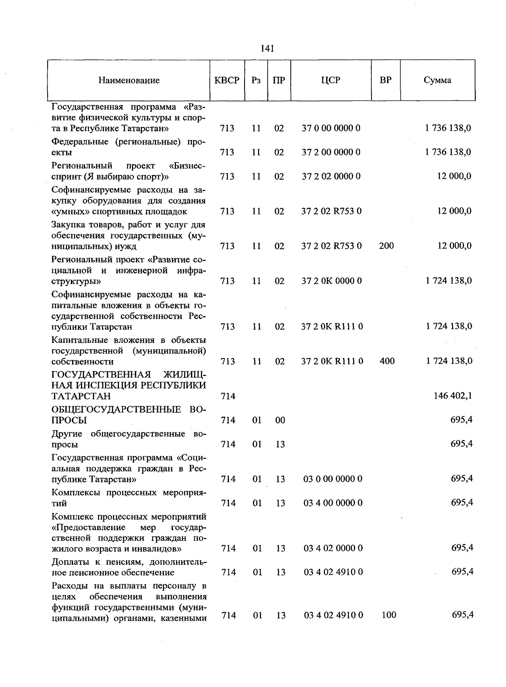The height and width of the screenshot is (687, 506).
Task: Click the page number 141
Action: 267,48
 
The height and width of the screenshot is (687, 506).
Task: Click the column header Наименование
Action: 129,80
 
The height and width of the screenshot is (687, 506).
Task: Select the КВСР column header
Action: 227,80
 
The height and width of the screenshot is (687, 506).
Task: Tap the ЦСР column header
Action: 331,80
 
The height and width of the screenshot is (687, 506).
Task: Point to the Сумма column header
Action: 437,80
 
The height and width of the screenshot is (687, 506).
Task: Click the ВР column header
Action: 385,80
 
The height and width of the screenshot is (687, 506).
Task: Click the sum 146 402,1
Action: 452,396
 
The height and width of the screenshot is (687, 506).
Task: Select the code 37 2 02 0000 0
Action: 331,176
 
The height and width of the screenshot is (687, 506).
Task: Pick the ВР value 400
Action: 387,361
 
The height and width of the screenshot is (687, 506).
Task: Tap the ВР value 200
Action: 386,246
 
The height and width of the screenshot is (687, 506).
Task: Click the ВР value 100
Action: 388,615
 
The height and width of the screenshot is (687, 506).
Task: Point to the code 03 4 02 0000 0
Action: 333,548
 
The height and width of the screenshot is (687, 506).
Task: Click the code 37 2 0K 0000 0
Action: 331,281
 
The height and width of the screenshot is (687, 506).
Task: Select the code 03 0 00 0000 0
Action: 333,479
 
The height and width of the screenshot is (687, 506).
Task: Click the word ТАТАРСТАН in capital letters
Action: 81,396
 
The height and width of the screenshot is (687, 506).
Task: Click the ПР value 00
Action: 280,420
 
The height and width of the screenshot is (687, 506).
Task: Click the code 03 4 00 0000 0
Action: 333,503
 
